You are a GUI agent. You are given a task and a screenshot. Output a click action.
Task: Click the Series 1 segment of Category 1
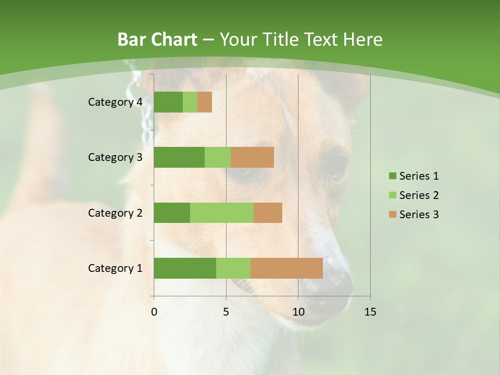pos(184,268)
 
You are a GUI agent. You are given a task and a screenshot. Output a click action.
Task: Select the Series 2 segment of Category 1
pos(233,268)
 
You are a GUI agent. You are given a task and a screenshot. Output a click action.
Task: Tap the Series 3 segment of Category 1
pos(286,268)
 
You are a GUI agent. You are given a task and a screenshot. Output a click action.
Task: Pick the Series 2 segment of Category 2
pos(221,213)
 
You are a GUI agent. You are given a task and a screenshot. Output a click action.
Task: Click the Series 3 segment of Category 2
pos(268,213)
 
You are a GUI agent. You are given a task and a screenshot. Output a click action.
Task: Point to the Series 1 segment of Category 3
pos(179,157)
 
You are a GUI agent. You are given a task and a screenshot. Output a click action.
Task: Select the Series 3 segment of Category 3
pos(252,157)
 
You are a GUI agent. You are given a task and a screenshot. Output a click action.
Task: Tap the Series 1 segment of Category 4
pos(168,102)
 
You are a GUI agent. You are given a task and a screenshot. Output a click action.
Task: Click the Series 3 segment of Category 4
pos(205,102)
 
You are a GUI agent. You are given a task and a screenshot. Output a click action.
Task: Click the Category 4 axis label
pos(115,102)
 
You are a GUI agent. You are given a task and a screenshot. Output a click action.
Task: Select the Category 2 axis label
pos(115,213)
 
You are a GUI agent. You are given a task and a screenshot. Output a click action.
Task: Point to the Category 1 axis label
pos(115,268)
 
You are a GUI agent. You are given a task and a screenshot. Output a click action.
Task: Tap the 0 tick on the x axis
pos(154,312)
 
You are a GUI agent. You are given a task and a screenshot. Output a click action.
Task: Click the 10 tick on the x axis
pos(298,312)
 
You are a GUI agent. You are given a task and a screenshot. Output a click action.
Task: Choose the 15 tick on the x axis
pos(370,312)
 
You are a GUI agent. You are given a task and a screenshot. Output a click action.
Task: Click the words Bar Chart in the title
pos(157,40)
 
